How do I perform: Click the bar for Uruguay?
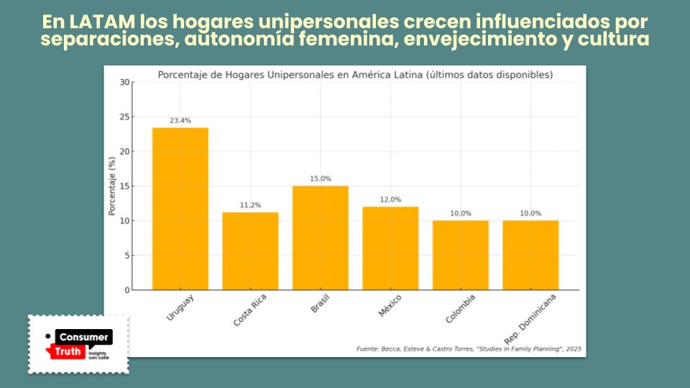pyautogui.click(x=180, y=208)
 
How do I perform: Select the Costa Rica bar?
pyautogui.click(x=250, y=251)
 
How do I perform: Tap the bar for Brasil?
pyautogui.click(x=320, y=238)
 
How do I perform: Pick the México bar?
pyautogui.click(x=390, y=248)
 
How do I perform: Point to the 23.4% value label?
pyautogui.click(x=180, y=121)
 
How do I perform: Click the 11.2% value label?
pyautogui.click(x=250, y=205)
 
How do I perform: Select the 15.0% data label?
pyautogui.click(x=320, y=179)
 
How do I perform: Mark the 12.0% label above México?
pyautogui.click(x=390, y=200)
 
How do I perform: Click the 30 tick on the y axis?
pyautogui.click(x=125, y=82)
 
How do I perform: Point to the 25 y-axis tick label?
pyautogui.click(x=125, y=117)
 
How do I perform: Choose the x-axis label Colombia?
pyautogui.click(x=461, y=307)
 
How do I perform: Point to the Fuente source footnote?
pyautogui.click(x=469, y=349)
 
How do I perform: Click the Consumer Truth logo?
pyautogui.click(x=79, y=343)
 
